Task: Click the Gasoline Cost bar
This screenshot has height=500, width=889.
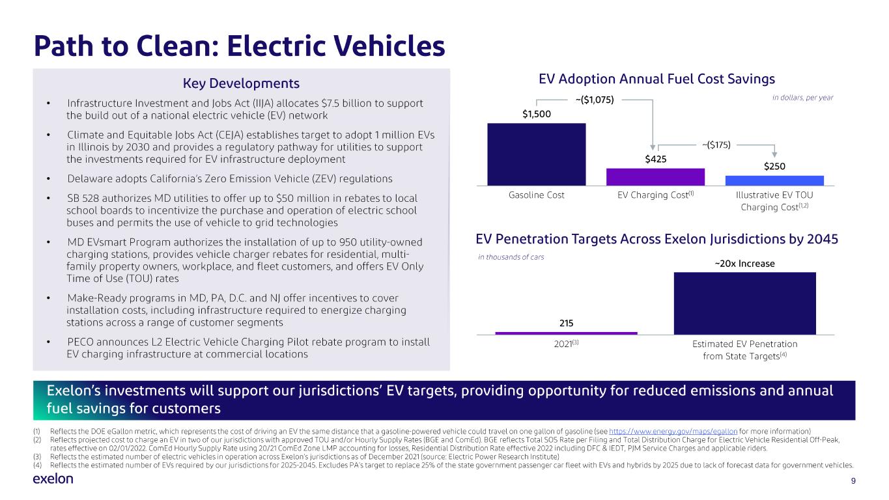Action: (536, 154)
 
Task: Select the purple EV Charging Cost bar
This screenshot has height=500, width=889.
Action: (655, 177)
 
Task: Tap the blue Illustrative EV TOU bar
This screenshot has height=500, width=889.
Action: (774, 180)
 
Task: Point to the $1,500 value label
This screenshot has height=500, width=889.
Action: (536, 114)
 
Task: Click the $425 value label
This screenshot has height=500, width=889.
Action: (655, 159)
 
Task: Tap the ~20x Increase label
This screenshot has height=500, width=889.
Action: (744, 264)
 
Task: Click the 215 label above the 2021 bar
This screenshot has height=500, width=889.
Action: (566, 323)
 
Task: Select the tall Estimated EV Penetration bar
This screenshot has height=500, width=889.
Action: (744, 303)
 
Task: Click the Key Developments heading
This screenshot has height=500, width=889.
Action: (241, 83)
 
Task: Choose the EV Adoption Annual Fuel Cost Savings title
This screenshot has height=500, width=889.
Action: (656, 79)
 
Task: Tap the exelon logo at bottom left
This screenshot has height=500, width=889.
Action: (53, 479)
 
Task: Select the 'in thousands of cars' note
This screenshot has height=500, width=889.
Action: (511, 257)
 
